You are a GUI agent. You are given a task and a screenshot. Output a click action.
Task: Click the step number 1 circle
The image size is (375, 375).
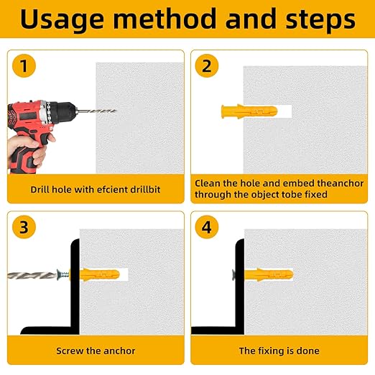coord(24,66)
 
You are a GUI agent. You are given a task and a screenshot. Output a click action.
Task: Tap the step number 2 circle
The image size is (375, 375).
coord(207,66)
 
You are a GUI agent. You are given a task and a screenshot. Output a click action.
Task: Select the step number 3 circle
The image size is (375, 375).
coord(24,227)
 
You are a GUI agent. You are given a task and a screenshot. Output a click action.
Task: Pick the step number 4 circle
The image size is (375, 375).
coord(207,227)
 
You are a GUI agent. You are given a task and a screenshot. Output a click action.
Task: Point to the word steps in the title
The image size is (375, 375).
coord(320,19)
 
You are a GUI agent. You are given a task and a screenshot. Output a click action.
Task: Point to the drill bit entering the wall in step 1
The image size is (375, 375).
coord(96,111)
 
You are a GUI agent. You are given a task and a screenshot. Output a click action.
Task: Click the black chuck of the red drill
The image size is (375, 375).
coord(62,112)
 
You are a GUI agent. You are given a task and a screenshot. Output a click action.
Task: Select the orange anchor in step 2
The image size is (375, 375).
coord(249,111)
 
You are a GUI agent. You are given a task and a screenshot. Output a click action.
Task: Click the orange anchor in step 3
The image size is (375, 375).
coord(99,275)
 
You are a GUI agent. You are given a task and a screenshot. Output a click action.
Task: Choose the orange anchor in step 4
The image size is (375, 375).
coord(269,275)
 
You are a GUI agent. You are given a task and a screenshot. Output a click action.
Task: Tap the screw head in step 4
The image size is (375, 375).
coord(233,275)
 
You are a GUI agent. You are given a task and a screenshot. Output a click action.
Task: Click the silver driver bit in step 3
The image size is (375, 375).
coord(32,275)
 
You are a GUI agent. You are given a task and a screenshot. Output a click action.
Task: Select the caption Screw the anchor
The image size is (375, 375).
coord(96,351)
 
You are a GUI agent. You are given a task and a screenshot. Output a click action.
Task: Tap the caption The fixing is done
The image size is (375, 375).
coord(279,351)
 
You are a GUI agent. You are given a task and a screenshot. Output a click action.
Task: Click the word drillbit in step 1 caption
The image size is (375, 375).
coord(145,190)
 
